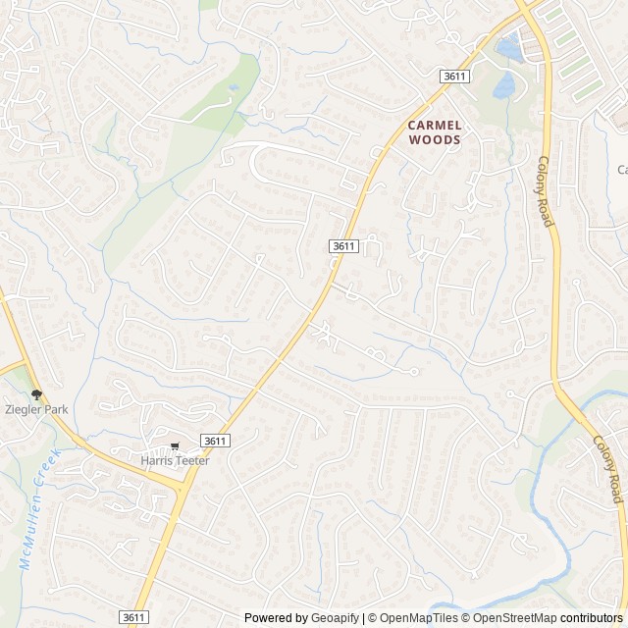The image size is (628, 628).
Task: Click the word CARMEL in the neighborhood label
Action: click(x=435, y=126)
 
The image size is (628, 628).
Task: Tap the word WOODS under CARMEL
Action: click(x=435, y=140)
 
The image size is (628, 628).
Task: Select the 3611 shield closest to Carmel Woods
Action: click(x=452, y=76)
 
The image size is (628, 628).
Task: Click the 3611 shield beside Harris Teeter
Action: click(x=215, y=442)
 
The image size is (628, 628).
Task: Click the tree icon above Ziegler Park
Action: click(x=36, y=394)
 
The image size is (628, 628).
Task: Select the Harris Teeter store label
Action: click(x=175, y=460)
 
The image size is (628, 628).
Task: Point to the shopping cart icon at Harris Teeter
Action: click(x=175, y=446)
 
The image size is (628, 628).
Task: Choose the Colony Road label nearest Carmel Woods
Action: click(x=546, y=190)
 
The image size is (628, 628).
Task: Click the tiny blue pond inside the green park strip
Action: click(x=234, y=88)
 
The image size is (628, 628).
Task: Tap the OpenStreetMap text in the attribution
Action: click(x=512, y=618)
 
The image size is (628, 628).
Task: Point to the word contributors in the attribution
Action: click(x=592, y=618)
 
